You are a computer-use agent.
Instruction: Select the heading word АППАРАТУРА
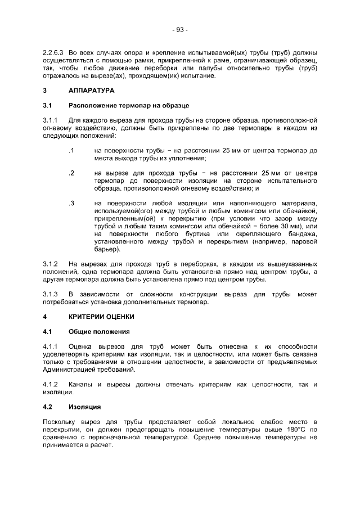(x=91, y=91)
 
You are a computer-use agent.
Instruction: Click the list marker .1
(x=71, y=151)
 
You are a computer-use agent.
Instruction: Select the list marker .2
(x=71, y=173)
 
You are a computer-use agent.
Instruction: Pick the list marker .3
(x=71, y=203)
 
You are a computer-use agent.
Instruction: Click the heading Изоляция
(x=84, y=407)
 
